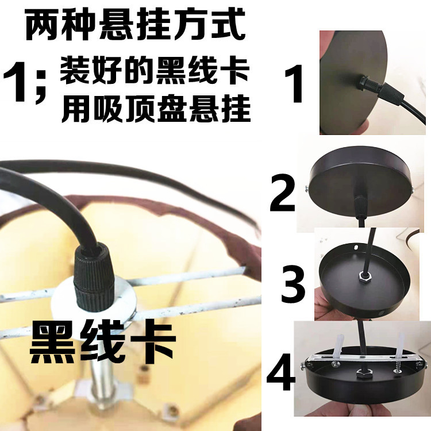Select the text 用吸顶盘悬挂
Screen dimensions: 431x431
(156, 109)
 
